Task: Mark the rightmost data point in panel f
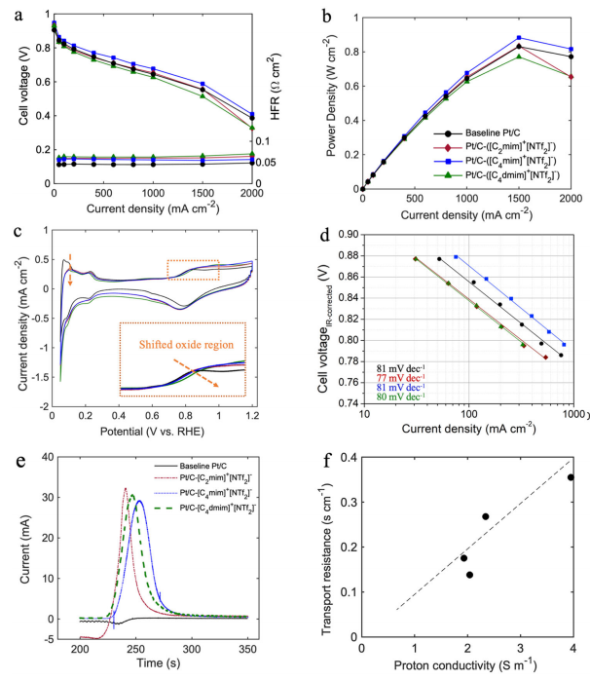pyautogui.click(x=572, y=477)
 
